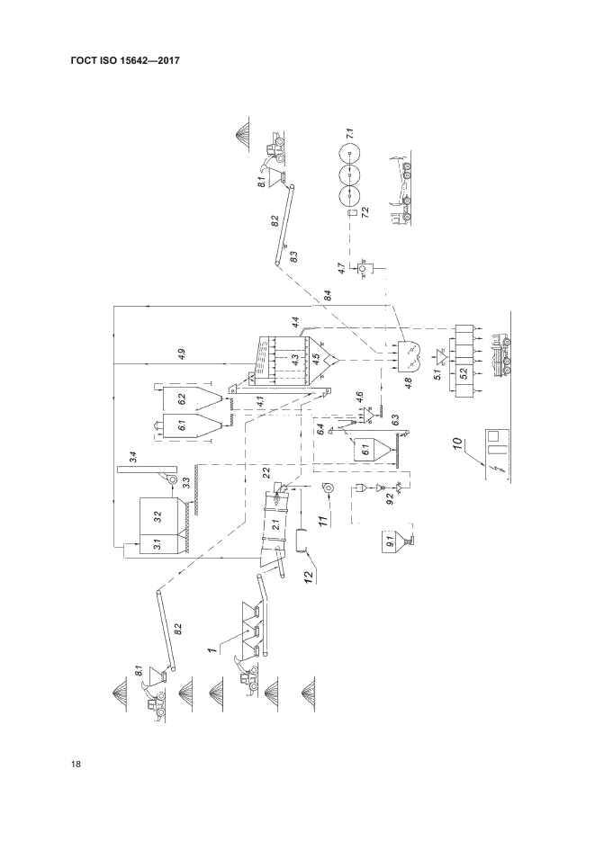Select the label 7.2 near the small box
pos(365,213)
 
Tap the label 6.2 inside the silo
pos(181,397)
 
